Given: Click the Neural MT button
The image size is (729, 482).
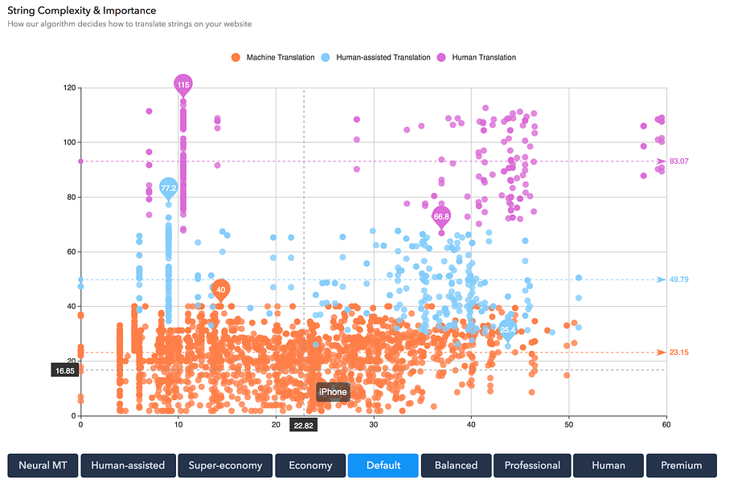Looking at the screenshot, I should coord(43,465).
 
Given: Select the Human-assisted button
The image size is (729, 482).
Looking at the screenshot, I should coord(128,465).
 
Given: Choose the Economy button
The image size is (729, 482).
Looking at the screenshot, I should coord(310,465).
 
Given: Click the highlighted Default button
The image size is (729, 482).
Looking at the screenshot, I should coord(383,465).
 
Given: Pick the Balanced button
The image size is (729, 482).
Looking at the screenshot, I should coord(456,465).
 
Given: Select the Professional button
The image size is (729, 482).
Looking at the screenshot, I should coord(532,465).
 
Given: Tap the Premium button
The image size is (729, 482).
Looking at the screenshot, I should coord(681,465).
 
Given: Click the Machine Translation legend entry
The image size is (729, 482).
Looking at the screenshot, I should coord(272,58).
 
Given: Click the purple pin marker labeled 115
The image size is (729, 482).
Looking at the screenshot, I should coord(183,84).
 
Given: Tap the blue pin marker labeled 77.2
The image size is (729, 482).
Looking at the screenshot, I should coord(168,189).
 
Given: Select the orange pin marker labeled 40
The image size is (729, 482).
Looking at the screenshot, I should coord(221,290).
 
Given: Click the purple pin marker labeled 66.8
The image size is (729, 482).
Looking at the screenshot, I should coord(441,217).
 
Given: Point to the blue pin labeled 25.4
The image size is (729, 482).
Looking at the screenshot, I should coord(508,329).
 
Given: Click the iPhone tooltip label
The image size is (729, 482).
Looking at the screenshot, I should coord(333,392).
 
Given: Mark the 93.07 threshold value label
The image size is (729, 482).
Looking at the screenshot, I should coord(679,161).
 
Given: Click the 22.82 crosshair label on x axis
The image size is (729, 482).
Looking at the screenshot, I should coord(303,426).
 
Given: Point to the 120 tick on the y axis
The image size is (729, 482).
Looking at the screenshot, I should coord(70,88).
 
